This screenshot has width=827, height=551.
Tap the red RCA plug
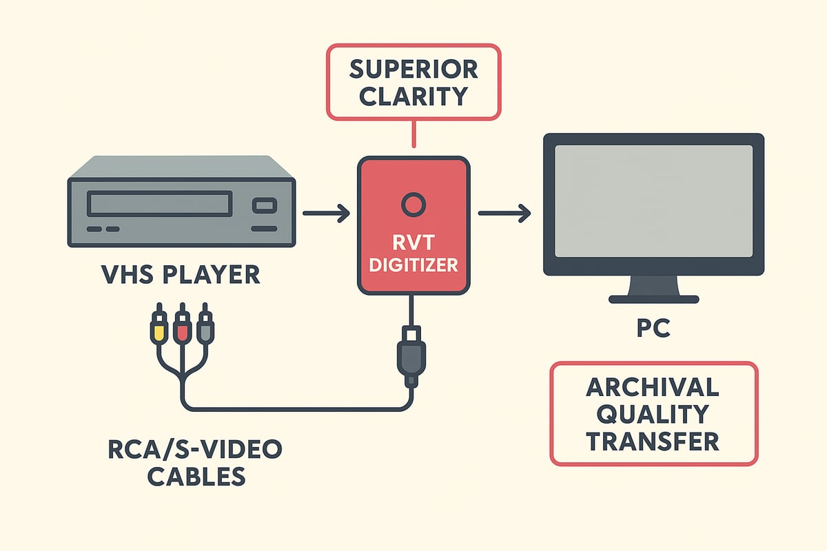[x=182, y=328]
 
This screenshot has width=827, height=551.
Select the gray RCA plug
[x=205, y=328]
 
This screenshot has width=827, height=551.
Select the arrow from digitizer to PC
[x=504, y=214]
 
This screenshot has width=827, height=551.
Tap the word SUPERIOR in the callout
[x=413, y=70]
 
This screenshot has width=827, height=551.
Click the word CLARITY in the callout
[x=413, y=96]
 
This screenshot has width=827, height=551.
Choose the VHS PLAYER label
[x=181, y=275]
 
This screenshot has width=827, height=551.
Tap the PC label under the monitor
[x=653, y=328]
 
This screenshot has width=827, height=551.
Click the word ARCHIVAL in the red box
[x=653, y=388]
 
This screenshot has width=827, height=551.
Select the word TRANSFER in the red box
[x=653, y=440]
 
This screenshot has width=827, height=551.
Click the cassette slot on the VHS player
[x=159, y=205]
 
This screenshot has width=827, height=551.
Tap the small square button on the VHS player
[x=265, y=205]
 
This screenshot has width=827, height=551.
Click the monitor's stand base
[x=654, y=299]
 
